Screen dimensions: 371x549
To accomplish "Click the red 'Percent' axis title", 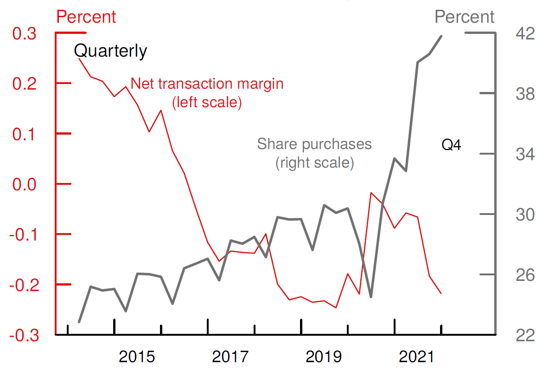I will click(x=86, y=17).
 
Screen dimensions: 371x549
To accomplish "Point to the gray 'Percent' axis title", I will click(x=465, y=17).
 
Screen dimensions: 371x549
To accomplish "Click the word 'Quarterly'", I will click(x=110, y=51).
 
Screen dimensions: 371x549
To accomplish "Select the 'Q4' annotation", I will click(x=451, y=145).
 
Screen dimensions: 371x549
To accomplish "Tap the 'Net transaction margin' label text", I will click(x=207, y=84).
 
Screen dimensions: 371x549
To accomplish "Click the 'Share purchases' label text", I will click(x=314, y=144).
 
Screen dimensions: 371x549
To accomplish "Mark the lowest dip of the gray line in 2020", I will click(x=371, y=297).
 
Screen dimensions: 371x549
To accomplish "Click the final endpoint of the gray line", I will click(x=441, y=36).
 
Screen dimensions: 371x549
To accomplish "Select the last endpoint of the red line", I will click(x=441, y=293).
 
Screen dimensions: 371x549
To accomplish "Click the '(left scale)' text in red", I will click(x=207, y=102).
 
